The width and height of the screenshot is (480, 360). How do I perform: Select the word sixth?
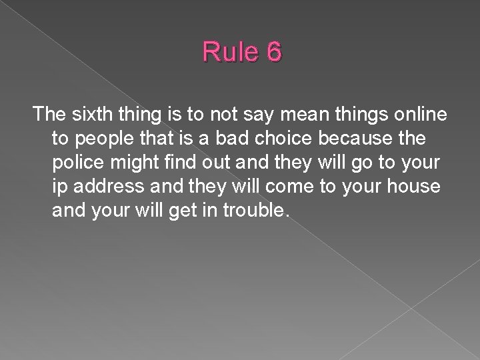click(x=90, y=115)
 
